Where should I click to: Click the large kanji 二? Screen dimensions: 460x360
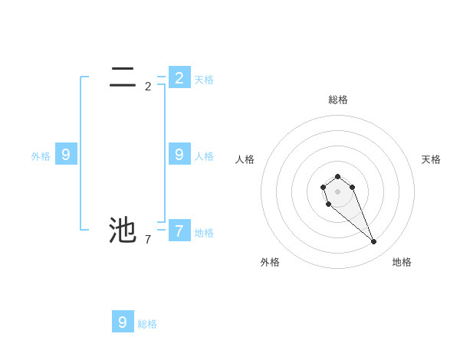click(x=123, y=77)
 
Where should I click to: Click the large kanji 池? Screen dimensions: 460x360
click(x=123, y=230)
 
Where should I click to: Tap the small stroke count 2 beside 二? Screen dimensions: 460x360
click(x=148, y=87)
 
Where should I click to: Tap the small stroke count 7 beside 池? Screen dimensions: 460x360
click(x=148, y=240)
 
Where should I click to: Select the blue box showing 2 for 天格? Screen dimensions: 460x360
click(x=179, y=77)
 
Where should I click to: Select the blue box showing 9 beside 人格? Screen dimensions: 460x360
click(x=179, y=154)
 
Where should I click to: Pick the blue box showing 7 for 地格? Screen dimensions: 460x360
click(x=179, y=230)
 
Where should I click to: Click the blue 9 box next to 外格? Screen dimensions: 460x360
click(x=66, y=154)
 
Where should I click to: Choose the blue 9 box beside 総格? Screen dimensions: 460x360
click(x=123, y=322)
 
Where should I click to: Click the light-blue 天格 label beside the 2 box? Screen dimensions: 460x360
click(x=204, y=80)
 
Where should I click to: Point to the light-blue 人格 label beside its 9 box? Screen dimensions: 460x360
click(x=204, y=156)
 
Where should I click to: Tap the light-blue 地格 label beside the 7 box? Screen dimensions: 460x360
click(x=204, y=233)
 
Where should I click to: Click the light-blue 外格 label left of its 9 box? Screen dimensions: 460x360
click(x=41, y=156)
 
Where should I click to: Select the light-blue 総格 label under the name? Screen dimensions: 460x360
click(x=147, y=324)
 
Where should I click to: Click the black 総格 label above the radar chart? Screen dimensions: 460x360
click(x=338, y=100)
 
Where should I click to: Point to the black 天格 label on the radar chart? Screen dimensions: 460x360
click(x=431, y=159)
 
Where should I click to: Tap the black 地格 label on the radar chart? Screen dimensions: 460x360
click(x=402, y=262)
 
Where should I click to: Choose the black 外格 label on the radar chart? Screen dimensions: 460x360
click(x=270, y=262)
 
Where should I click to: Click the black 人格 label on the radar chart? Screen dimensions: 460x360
click(x=245, y=159)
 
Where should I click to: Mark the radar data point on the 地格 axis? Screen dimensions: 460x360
click(x=373, y=242)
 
